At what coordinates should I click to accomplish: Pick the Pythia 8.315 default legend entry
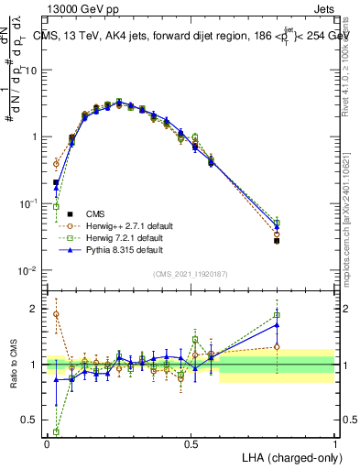(x=110, y=249)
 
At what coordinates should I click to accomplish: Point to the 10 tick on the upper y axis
(x=34, y=71)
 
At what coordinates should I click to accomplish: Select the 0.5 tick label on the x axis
(x=191, y=443)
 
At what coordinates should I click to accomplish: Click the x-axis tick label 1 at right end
(x=334, y=443)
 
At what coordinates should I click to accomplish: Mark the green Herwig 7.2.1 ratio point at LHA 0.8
(x=277, y=316)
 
